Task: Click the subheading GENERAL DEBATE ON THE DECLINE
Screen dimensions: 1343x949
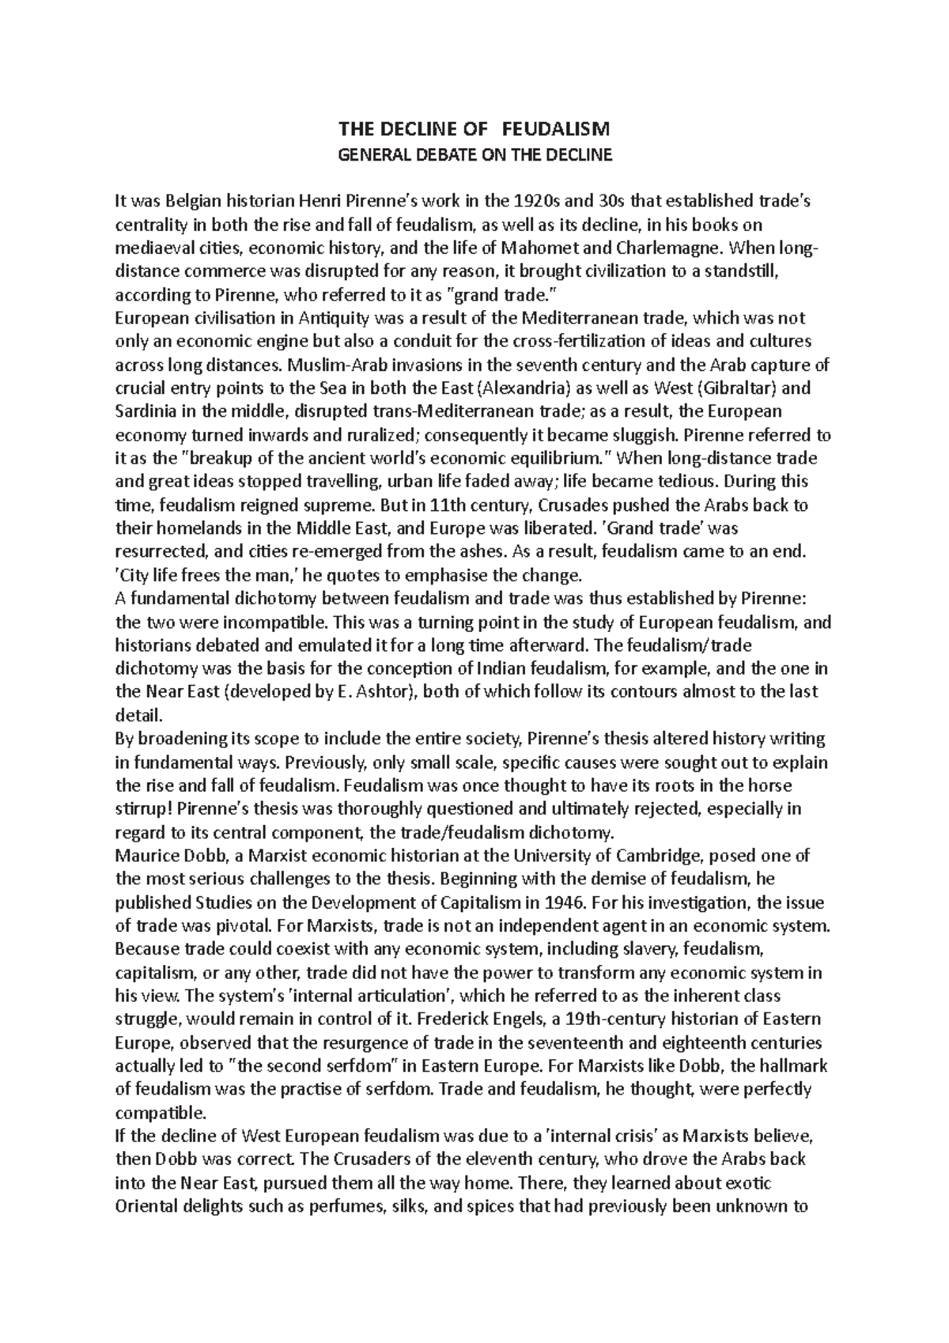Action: pos(475,154)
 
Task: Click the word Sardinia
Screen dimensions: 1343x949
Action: pos(146,412)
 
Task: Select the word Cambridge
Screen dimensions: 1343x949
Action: pos(657,856)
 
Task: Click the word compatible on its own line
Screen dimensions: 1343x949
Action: pos(158,1113)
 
